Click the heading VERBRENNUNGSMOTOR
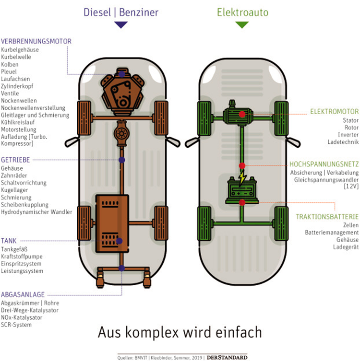click(x=36, y=41)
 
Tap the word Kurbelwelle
click(x=16, y=57)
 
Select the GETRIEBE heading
click(x=15, y=160)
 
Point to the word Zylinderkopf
click(x=17, y=86)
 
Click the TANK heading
click(x=9, y=241)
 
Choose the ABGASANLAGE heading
click(x=23, y=294)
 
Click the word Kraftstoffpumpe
click(x=22, y=257)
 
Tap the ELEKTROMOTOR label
click(x=335, y=112)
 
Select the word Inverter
click(x=348, y=135)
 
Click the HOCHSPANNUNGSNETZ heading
click(x=324, y=164)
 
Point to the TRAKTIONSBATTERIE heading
click(x=327, y=217)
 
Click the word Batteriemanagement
click(x=332, y=233)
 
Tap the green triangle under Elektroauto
click(x=242, y=24)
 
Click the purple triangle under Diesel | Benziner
click(x=121, y=24)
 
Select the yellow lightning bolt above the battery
click(x=242, y=178)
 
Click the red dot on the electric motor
click(x=242, y=114)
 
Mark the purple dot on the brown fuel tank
click(x=119, y=241)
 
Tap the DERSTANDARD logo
click(x=227, y=358)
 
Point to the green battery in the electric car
click(x=242, y=190)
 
